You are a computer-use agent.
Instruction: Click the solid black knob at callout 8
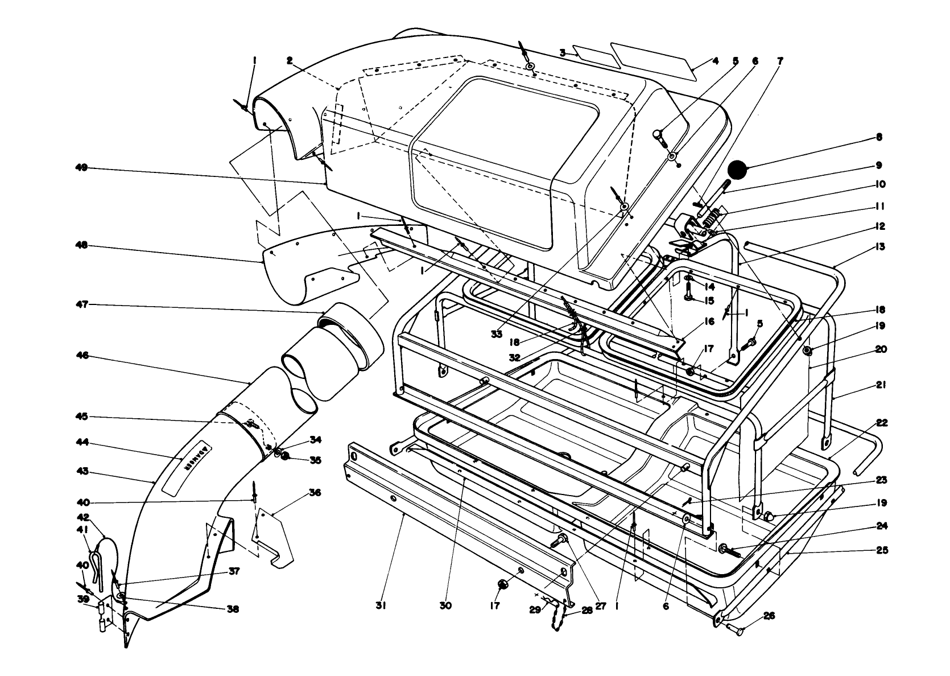[x=737, y=170]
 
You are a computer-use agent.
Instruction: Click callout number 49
[x=81, y=168]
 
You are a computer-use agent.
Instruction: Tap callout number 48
[x=81, y=245]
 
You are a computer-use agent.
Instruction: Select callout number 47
[x=82, y=304]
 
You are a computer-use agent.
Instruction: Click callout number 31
[x=381, y=606]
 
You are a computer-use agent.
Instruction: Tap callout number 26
[x=769, y=616]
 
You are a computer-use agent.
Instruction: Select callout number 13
[x=880, y=246]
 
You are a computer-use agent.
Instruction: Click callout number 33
[x=497, y=335]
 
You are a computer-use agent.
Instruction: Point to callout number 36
[x=315, y=493]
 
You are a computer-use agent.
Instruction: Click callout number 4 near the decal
[x=716, y=61]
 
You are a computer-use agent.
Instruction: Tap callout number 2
[x=290, y=61]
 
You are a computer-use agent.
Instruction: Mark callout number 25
[x=881, y=550]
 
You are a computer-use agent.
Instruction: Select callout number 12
[x=880, y=226]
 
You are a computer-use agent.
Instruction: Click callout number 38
[x=233, y=609]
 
